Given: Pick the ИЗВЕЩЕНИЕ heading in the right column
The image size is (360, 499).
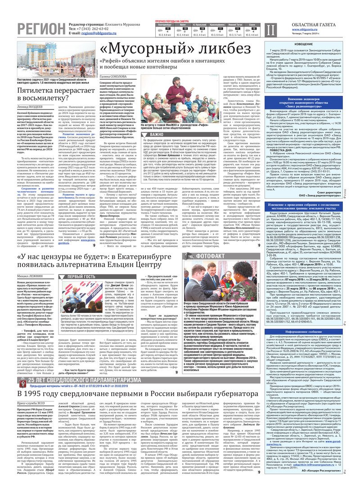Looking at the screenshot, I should click(310, 44).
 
